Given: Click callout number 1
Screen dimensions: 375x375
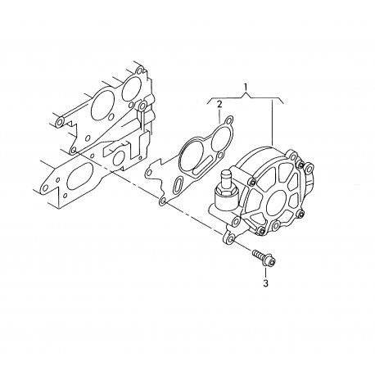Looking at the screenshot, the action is click(x=246, y=87).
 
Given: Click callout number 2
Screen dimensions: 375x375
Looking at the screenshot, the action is click(x=219, y=104).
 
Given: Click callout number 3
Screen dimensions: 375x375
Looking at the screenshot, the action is click(x=265, y=283).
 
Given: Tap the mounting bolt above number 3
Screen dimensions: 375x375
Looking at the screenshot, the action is click(x=264, y=258).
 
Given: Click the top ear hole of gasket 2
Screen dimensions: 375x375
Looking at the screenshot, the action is click(x=230, y=120).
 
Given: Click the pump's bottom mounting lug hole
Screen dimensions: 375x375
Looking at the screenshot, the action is click(x=231, y=239).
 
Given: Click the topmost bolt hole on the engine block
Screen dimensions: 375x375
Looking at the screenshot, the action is click(x=139, y=71).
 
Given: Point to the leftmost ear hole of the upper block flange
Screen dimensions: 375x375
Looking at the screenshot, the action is click(x=60, y=122).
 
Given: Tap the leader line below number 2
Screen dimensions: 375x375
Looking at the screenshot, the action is click(x=219, y=115).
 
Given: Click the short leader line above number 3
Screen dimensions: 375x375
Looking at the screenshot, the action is click(x=265, y=273).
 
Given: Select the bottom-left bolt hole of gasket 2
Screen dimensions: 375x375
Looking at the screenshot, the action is click(x=163, y=201).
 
